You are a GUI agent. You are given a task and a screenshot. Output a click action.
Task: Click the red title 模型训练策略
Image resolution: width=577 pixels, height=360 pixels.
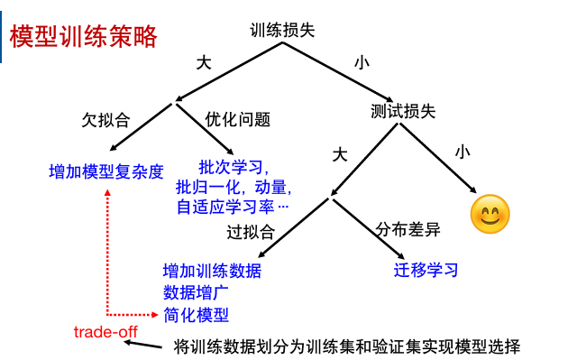(x=83, y=37)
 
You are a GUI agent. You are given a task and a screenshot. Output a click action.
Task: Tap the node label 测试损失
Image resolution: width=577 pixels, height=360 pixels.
(x=402, y=113)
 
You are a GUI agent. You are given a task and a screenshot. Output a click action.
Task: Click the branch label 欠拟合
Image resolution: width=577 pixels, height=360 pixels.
(x=106, y=119)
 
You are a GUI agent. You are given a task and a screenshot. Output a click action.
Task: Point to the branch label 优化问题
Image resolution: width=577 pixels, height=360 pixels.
(x=238, y=119)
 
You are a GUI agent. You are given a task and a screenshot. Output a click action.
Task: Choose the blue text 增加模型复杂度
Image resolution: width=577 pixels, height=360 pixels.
(x=106, y=171)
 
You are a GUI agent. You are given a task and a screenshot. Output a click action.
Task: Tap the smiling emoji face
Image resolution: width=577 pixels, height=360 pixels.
(x=490, y=214)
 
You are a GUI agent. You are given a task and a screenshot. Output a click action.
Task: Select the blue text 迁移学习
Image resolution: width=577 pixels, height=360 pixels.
(x=426, y=269)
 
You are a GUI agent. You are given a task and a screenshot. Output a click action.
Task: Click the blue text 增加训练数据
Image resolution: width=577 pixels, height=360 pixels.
(x=213, y=271)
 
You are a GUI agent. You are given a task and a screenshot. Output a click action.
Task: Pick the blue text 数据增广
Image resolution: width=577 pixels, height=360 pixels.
(x=197, y=292)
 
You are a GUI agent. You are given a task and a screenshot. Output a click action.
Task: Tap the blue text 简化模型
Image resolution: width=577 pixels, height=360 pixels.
(x=197, y=314)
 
